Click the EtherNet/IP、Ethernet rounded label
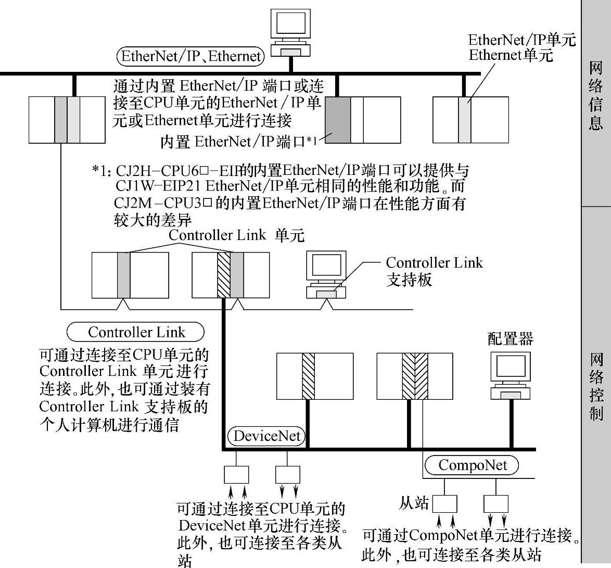190,56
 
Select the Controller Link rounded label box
136,332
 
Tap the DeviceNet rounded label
267,435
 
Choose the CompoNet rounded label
472,465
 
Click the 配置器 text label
510,339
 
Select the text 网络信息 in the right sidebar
596,96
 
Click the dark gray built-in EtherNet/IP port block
337,120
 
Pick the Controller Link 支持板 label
434,271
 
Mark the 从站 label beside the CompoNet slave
414,503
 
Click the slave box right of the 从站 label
445,503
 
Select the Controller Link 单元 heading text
236,235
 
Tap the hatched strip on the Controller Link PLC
224,275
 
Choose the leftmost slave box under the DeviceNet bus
236,474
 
